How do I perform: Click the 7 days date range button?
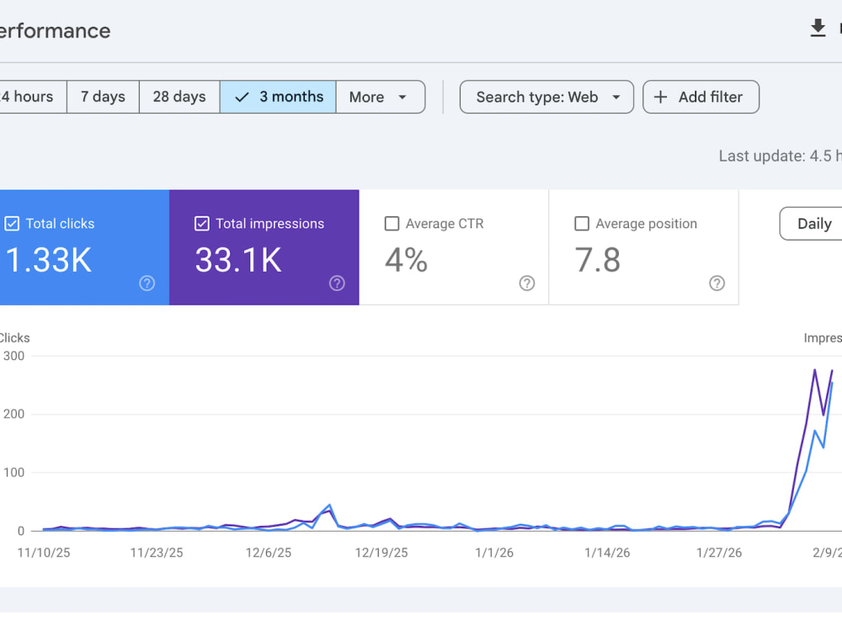(x=103, y=97)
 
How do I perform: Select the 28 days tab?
(x=179, y=97)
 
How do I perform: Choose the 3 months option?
(x=278, y=97)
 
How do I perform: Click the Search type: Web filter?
(x=546, y=97)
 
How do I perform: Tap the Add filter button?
(x=701, y=97)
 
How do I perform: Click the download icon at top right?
(x=818, y=28)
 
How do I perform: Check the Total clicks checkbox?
(x=12, y=223)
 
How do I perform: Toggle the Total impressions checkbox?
(x=202, y=223)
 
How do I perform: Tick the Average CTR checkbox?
(x=392, y=223)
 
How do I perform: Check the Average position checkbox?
(x=582, y=223)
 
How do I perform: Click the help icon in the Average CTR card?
(x=527, y=284)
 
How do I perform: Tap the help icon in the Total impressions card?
(x=337, y=284)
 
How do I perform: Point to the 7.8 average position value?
(x=597, y=260)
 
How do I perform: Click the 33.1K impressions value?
(x=238, y=260)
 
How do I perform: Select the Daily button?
(x=811, y=224)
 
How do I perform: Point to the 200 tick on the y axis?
(x=13, y=414)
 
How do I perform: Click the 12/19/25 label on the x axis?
(x=381, y=553)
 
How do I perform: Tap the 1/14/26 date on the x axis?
(x=607, y=553)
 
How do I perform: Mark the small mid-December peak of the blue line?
(x=329, y=505)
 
